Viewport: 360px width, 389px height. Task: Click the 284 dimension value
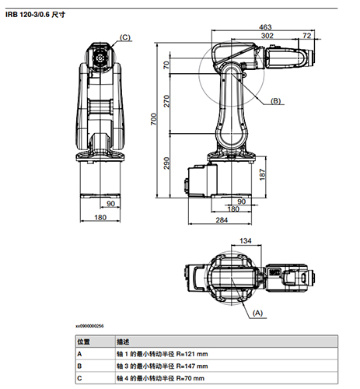coord(221,219)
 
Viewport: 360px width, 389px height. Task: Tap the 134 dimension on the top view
coord(246,240)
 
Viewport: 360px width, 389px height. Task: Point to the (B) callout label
coord(277,101)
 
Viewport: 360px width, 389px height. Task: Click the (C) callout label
coord(125,37)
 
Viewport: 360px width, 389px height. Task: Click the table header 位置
coord(82,341)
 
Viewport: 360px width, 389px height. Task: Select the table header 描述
coord(123,341)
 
